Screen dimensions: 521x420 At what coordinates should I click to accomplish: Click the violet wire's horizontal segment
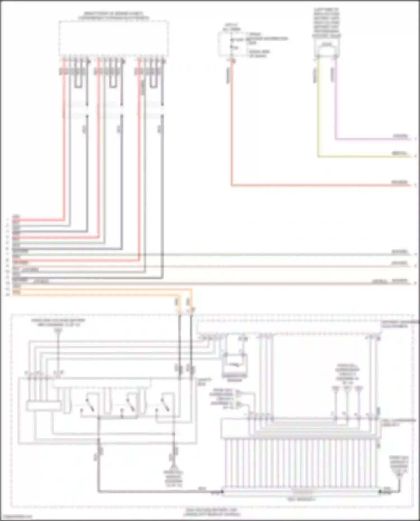372,139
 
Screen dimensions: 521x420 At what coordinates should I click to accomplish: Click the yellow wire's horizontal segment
364,156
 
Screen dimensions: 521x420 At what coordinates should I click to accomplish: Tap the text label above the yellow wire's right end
400,153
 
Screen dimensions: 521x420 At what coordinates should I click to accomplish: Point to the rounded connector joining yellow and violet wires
326,50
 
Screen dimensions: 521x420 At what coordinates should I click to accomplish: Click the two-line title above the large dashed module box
113,16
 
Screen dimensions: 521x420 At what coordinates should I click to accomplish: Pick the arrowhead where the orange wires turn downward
193,309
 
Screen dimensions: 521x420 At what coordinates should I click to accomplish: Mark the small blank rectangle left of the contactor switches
43,406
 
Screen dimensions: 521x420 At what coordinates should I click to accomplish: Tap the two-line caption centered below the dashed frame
212,512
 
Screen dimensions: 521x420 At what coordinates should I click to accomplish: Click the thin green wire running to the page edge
252,254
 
